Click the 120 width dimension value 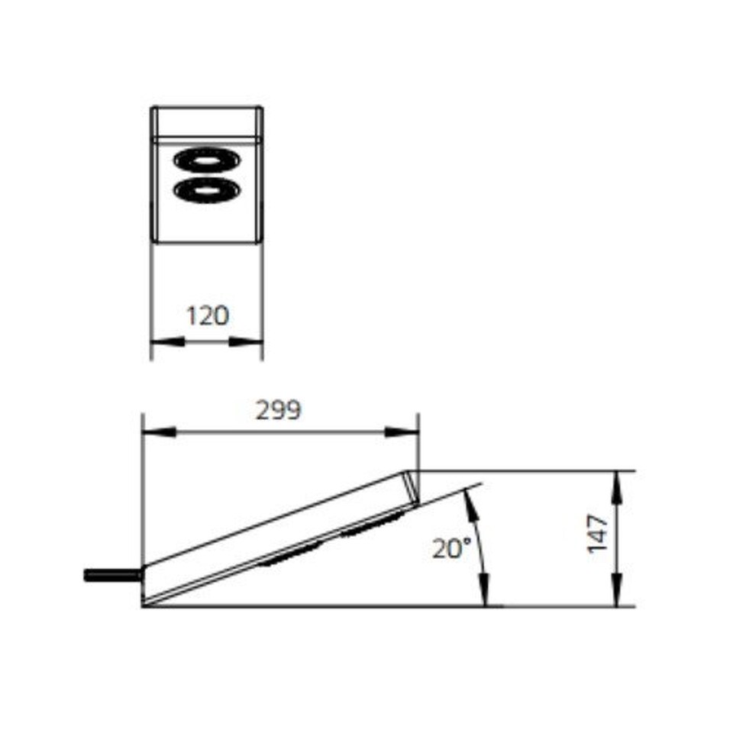pyautogui.click(x=208, y=315)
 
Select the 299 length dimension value pyautogui.click(x=279, y=411)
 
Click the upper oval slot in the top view pyautogui.click(x=207, y=160)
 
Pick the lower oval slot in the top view pyautogui.click(x=207, y=189)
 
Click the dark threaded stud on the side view pyautogui.click(x=113, y=575)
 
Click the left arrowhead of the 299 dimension pyautogui.click(x=159, y=432)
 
